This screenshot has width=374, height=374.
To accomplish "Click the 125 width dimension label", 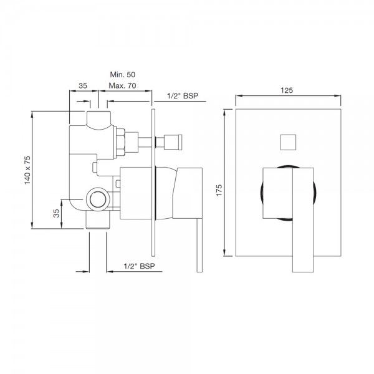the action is tap(287, 90).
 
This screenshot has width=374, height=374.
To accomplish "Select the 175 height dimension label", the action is tap(219, 190).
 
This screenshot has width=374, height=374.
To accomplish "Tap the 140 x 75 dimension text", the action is tap(27, 170).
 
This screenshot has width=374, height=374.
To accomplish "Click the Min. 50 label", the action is tap(122, 75).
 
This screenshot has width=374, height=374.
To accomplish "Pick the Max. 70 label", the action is tap(122, 85).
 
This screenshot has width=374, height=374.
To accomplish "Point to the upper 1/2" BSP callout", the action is tap(183, 95).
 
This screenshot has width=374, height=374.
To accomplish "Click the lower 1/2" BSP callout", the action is tap(139, 266).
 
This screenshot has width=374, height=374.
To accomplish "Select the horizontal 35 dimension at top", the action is tap(83, 85).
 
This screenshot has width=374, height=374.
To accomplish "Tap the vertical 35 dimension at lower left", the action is tap(56, 213).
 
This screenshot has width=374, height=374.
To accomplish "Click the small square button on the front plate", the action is tap(288, 142).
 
